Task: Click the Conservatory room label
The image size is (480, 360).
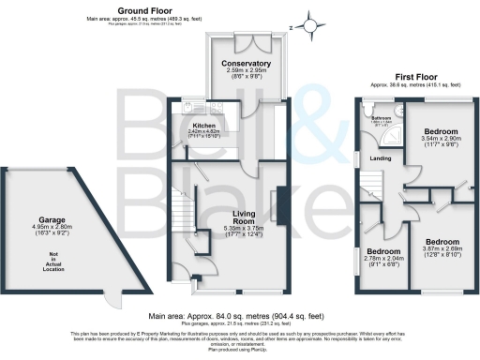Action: tap(247, 64)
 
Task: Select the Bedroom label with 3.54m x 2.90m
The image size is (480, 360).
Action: tap(440, 130)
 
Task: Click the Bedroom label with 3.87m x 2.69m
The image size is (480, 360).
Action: tap(442, 240)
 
